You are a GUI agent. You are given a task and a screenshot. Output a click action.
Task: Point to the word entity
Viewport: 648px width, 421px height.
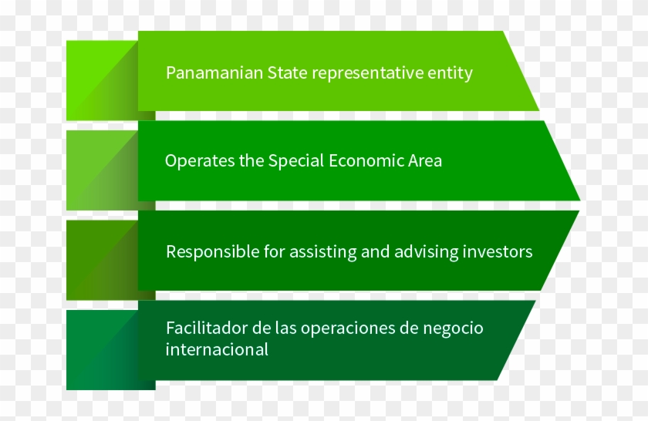pyautogui.click(x=451, y=74)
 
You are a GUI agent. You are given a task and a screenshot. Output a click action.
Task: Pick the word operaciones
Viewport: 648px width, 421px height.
pyautogui.click(x=345, y=328)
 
